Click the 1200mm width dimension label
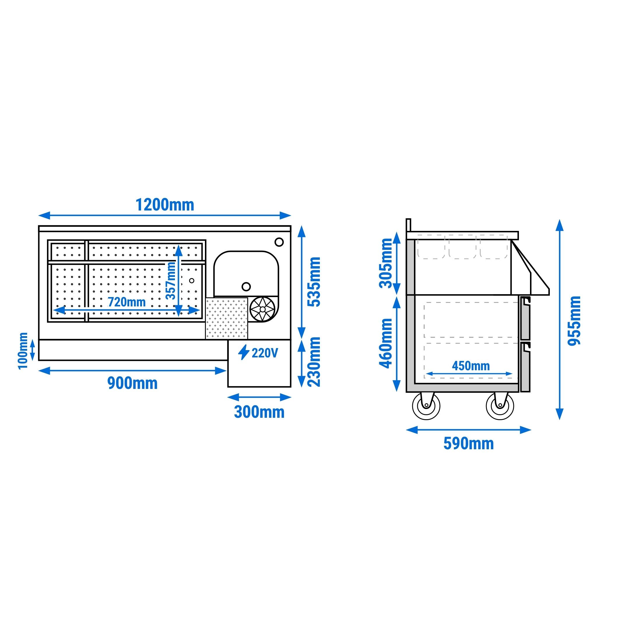165,205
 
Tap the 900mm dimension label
132,383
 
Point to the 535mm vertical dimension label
314,282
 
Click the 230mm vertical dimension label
314,362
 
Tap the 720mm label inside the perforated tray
127,302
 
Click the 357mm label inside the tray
171,280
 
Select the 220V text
265,353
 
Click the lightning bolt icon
244,352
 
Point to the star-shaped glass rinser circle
262,309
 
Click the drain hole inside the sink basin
246,286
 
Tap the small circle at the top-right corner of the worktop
279,241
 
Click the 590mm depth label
468,443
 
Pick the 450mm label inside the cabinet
471,366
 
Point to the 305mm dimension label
385,263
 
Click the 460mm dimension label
385,343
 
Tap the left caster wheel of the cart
426,406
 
